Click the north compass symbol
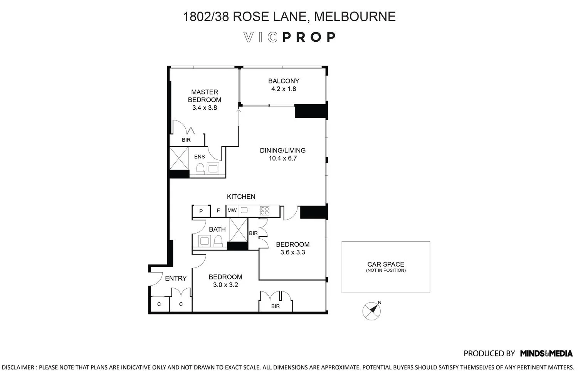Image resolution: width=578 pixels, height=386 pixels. pyautogui.click(x=371, y=311)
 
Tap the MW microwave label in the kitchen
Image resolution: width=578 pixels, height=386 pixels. pyautogui.click(x=232, y=210)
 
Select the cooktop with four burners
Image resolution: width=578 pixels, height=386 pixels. pyautogui.click(x=265, y=211)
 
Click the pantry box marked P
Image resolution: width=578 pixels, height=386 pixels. pyautogui.click(x=201, y=211)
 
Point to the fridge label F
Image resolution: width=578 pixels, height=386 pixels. pyautogui.click(x=218, y=210)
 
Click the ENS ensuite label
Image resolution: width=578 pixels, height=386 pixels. pyautogui.click(x=200, y=157)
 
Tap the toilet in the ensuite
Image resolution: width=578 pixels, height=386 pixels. pyautogui.click(x=200, y=169)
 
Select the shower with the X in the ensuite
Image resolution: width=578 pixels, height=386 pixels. pyautogui.click(x=179, y=158)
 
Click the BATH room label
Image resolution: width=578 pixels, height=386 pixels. pyautogui.click(x=217, y=229)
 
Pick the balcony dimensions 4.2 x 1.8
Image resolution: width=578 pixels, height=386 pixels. pyautogui.click(x=284, y=89)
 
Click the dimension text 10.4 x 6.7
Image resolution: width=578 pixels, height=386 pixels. pyautogui.click(x=283, y=158)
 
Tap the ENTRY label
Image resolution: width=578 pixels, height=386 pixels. pyautogui.click(x=176, y=278)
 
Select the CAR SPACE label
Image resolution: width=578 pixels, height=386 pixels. pyautogui.click(x=386, y=264)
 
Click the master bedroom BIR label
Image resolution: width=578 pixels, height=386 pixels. pyautogui.click(x=186, y=140)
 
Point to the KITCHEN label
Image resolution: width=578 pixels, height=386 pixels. pyautogui.click(x=241, y=197)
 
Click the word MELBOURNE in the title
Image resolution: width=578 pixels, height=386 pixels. pyautogui.click(x=355, y=17)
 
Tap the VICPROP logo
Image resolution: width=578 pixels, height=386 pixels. pyautogui.click(x=289, y=37)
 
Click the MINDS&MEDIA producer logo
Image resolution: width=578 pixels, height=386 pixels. pyautogui.click(x=546, y=354)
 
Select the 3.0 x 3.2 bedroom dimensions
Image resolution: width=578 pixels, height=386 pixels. pyautogui.click(x=225, y=285)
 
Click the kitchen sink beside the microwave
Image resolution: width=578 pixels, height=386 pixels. pyautogui.click(x=244, y=210)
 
